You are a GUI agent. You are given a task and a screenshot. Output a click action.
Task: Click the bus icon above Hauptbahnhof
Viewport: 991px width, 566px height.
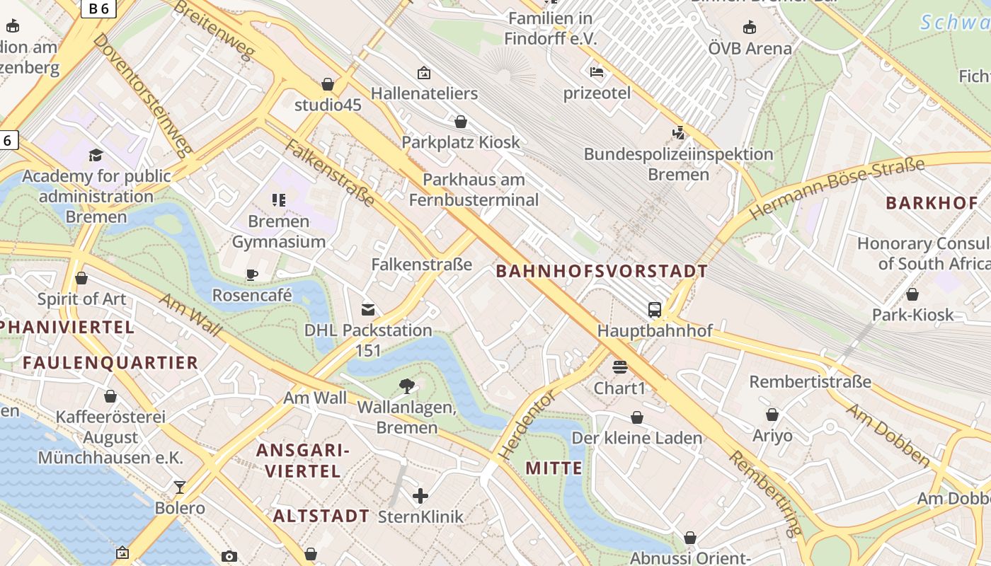[x=655, y=309]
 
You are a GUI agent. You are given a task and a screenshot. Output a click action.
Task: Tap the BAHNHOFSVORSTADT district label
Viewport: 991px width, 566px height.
[x=601, y=271]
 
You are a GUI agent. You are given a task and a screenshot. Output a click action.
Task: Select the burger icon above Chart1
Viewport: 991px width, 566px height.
[x=620, y=367]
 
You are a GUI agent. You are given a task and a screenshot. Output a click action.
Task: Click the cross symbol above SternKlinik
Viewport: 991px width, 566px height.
[x=420, y=495]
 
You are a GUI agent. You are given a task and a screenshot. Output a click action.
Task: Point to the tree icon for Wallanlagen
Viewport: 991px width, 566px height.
[x=407, y=386]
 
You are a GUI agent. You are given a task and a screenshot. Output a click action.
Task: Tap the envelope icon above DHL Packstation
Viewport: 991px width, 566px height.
[x=368, y=309]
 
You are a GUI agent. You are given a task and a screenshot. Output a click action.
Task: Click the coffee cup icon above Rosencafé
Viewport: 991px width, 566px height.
[x=252, y=275]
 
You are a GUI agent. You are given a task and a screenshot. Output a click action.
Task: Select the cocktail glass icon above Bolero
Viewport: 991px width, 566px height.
[x=180, y=487]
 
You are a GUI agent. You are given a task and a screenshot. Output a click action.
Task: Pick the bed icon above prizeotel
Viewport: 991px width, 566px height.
[x=597, y=71]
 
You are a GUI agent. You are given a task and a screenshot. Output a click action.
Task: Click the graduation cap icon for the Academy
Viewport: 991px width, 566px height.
[x=96, y=155]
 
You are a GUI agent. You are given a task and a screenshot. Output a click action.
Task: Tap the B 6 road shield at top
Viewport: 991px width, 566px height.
[x=99, y=8]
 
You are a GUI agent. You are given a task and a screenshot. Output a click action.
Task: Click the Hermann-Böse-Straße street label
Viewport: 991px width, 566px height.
[x=837, y=188]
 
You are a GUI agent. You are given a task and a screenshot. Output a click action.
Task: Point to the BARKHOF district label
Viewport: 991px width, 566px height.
[x=932, y=203]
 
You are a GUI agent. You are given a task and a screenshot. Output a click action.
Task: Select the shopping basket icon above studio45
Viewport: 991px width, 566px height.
[x=328, y=84]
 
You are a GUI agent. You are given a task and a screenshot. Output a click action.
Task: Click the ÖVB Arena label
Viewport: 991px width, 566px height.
[x=750, y=49]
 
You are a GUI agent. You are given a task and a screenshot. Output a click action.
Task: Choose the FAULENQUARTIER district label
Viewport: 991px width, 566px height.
[x=110, y=363]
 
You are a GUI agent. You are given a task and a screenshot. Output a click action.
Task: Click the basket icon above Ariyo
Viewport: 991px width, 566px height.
[x=772, y=415]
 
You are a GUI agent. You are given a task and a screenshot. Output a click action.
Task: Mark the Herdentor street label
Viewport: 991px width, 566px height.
[x=527, y=424]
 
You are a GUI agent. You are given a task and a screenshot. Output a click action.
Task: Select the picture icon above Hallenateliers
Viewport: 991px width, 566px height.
[x=424, y=72]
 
